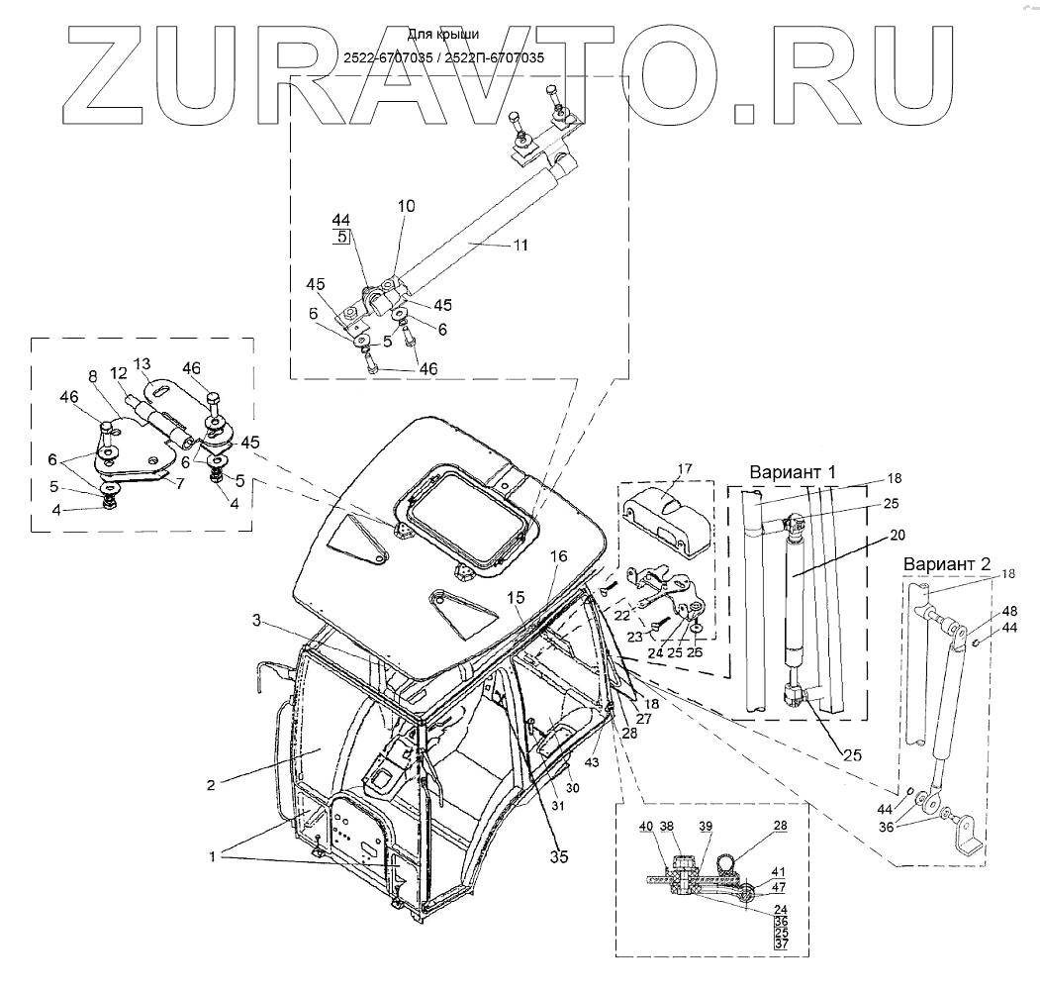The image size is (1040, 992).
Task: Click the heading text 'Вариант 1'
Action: point(794,471)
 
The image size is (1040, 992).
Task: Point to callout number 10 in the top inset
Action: point(408,206)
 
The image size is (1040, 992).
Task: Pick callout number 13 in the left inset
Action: point(143,363)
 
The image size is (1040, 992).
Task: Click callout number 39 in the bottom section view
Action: point(706,827)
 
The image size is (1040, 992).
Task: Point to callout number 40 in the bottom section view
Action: point(645,827)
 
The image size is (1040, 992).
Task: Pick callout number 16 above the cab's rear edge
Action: point(559,557)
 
